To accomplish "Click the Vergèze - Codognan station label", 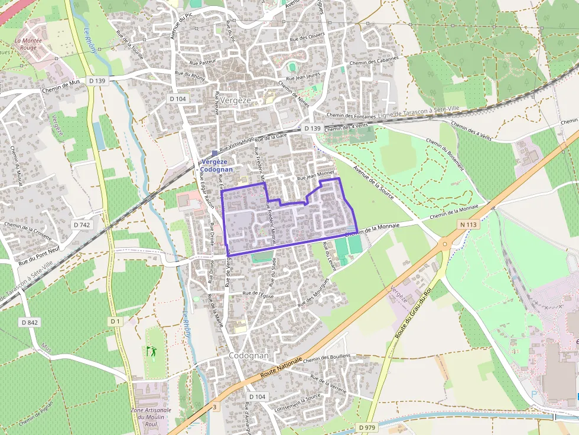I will (216, 165).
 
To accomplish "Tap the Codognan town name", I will (249, 356).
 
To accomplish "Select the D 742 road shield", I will (83, 225).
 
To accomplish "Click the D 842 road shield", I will (30, 322).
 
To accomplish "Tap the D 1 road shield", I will (115, 321).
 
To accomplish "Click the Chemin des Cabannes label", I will (374, 61).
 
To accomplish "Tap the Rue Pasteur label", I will (202, 61).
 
